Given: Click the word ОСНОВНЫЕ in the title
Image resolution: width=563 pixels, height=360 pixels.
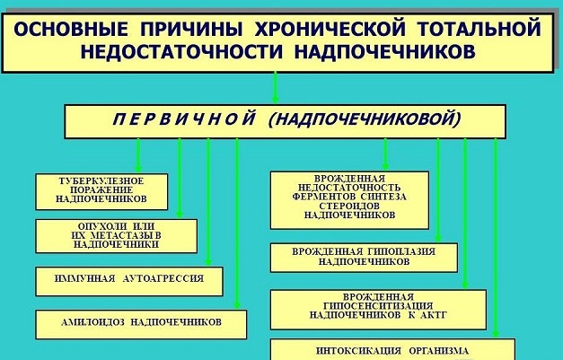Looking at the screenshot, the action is [72, 30].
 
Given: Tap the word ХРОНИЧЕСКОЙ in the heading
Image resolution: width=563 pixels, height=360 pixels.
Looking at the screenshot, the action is [330, 30].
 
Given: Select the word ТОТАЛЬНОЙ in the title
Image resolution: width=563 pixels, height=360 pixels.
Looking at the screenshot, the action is [479, 30].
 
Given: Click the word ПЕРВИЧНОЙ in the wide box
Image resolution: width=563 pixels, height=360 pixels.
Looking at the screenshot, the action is [184, 119].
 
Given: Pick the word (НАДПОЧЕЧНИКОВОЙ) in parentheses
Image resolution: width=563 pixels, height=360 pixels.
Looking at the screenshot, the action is [365, 119].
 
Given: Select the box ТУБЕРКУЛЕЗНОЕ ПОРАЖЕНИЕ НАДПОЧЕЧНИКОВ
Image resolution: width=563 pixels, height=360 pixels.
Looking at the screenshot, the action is [101, 191].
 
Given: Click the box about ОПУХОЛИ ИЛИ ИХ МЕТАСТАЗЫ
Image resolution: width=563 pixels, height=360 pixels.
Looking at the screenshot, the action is [117, 236].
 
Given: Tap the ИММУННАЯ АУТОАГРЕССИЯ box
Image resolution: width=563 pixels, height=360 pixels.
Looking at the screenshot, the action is [129, 281].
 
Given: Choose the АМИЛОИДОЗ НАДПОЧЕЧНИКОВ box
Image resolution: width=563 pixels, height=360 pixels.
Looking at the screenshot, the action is [141, 324].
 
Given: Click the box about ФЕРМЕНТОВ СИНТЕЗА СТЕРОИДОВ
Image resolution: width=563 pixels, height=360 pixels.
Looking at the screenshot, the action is [349, 200].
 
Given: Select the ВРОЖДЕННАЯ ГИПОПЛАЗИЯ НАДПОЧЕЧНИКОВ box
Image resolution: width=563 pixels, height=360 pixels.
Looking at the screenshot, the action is [364, 258].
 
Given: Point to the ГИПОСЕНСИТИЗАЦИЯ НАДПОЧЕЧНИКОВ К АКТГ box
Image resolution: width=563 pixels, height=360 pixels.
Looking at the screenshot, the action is [378, 310].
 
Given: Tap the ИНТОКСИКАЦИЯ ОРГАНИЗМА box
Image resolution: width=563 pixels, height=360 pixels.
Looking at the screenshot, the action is [392, 349].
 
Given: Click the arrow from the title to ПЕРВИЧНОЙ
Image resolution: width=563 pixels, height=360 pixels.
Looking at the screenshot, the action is [276, 88].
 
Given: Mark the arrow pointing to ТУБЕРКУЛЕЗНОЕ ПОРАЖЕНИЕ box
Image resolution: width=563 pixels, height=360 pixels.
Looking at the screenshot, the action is [138, 156].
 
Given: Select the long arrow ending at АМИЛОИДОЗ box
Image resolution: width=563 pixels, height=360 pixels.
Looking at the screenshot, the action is [237, 224].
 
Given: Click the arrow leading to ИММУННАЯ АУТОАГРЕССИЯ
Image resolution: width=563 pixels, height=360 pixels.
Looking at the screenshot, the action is [208, 202].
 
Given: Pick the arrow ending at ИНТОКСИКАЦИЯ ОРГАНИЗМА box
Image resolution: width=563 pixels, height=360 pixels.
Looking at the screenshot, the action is [496, 238].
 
